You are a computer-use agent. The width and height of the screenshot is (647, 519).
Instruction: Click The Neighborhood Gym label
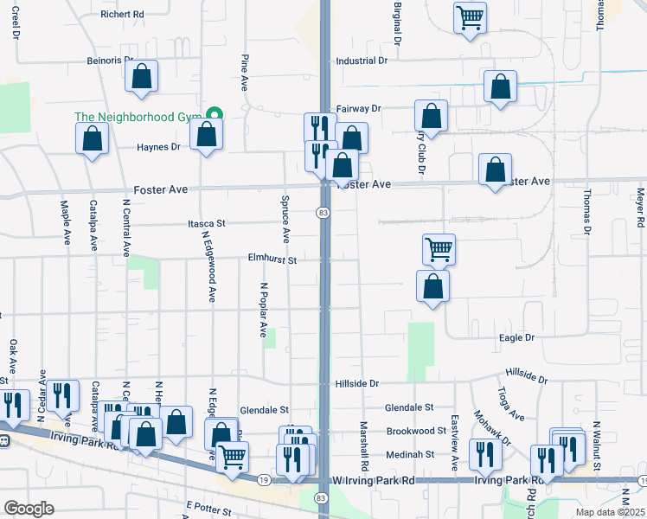pos(137,117)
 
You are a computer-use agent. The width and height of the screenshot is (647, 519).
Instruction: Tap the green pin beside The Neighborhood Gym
pos(213,116)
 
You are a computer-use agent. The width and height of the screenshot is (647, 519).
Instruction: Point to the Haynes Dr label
pos(158,147)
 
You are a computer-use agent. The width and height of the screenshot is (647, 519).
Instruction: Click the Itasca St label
pos(207,222)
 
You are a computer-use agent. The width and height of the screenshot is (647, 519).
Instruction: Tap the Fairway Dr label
pos(358,109)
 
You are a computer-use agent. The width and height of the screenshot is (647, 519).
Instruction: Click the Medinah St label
pos(410,454)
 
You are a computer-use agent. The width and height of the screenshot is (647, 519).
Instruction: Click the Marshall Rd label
pos(366,441)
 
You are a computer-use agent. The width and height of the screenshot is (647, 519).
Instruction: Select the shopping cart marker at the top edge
pos(470,16)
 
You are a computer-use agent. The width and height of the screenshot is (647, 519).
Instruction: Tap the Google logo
pos(29,509)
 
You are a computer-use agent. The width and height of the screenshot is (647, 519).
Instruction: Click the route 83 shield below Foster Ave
pos(323,213)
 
